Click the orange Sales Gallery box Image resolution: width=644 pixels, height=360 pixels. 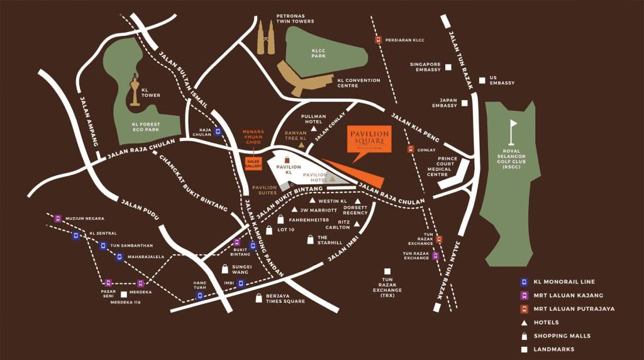[x=253, y=163]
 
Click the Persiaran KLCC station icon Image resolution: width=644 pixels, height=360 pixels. [x=379, y=40]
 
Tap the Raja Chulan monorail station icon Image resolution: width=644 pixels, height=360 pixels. [x=218, y=132]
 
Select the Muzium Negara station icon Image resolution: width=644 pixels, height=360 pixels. [x=58, y=219]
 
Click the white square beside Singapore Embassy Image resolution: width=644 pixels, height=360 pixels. [x=448, y=67]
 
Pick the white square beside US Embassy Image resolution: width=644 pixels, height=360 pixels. [x=483, y=79]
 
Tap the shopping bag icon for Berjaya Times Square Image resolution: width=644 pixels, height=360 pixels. [x=258, y=299]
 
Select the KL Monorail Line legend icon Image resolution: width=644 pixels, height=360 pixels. [x=523, y=282]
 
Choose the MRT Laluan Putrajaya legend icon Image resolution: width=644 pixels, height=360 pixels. [x=523, y=309]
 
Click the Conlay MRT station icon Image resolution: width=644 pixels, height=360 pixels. [x=411, y=149]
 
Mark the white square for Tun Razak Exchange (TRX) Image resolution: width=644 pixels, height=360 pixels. [x=388, y=272]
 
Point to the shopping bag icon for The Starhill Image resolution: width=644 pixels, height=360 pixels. [x=310, y=239]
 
